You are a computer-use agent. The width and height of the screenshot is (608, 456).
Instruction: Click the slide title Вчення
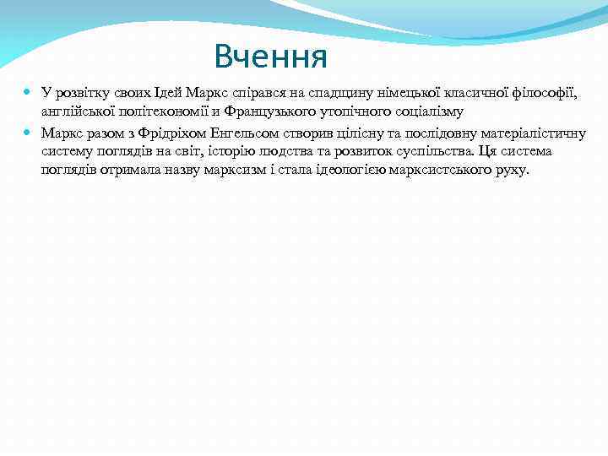[270, 57]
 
